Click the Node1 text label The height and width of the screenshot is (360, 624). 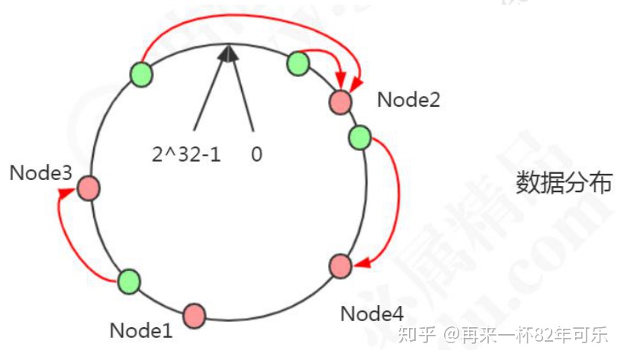click(141, 330)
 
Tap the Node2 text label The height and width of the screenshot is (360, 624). click(409, 99)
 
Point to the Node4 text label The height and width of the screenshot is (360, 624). click(372, 313)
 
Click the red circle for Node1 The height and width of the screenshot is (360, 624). click(195, 314)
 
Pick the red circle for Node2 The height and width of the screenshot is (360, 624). click(341, 101)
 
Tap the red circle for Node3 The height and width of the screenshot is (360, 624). click(88, 188)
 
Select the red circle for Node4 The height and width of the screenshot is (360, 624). click(340, 266)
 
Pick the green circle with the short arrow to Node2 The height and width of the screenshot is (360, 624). click(298, 63)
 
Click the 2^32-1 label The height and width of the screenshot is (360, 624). click(187, 154)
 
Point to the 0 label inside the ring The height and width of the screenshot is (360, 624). click(256, 154)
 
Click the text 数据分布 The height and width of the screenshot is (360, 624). click(564, 182)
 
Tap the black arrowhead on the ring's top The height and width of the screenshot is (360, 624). click(227, 52)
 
